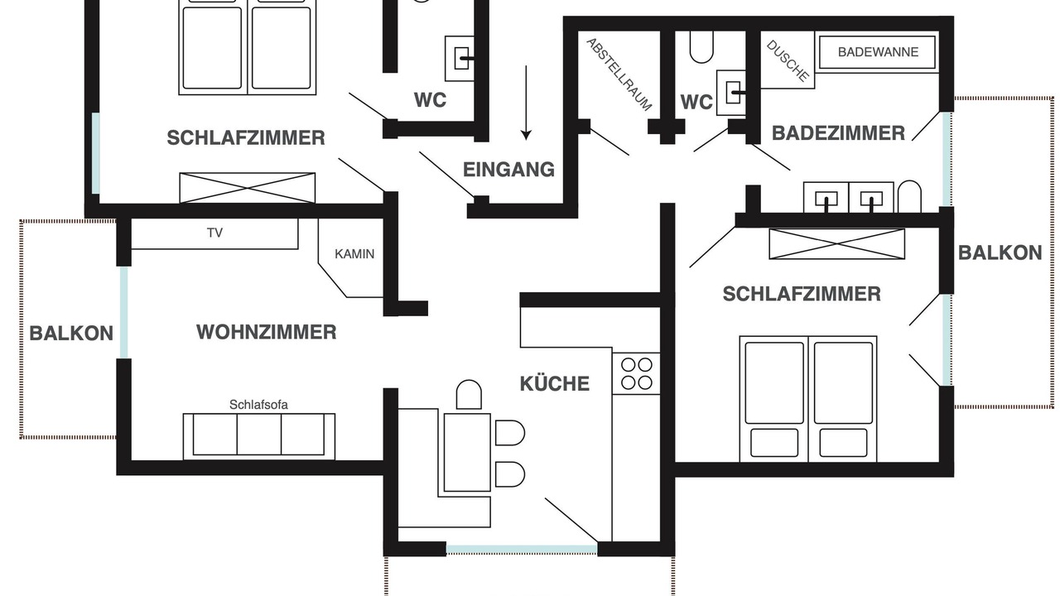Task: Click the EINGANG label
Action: tap(508, 170)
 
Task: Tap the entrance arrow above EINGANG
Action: tap(526, 103)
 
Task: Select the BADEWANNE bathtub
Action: tap(877, 52)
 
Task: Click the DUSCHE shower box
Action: tap(788, 60)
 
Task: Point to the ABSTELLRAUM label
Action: tap(619, 74)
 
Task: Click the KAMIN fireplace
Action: tap(350, 257)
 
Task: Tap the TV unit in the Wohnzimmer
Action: tap(214, 233)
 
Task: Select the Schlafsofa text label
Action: tap(258, 405)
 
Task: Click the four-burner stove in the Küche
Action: tap(636, 373)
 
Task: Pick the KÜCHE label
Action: tap(555, 383)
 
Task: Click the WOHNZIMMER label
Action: tap(267, 332)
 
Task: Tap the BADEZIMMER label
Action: tap(838, 133)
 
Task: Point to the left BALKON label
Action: tap(71, 334)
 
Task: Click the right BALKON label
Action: tap(1000, 253)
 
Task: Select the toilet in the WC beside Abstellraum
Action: tap(701, 47)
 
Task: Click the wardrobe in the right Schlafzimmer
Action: tap(836, 244)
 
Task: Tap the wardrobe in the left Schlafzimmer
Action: tap(247, 188)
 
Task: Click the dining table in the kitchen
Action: tap(467, 452)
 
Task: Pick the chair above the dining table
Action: tap(469, 395)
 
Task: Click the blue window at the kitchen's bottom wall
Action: tap(522, 549)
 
